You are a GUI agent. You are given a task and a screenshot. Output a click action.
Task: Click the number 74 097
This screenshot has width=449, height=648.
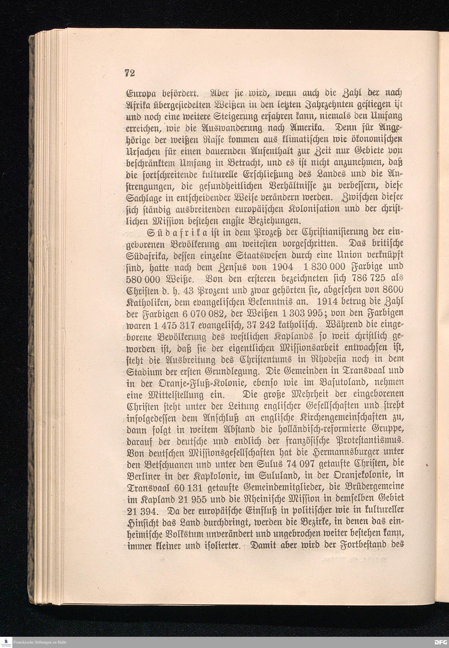click(x=301, y=464)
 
